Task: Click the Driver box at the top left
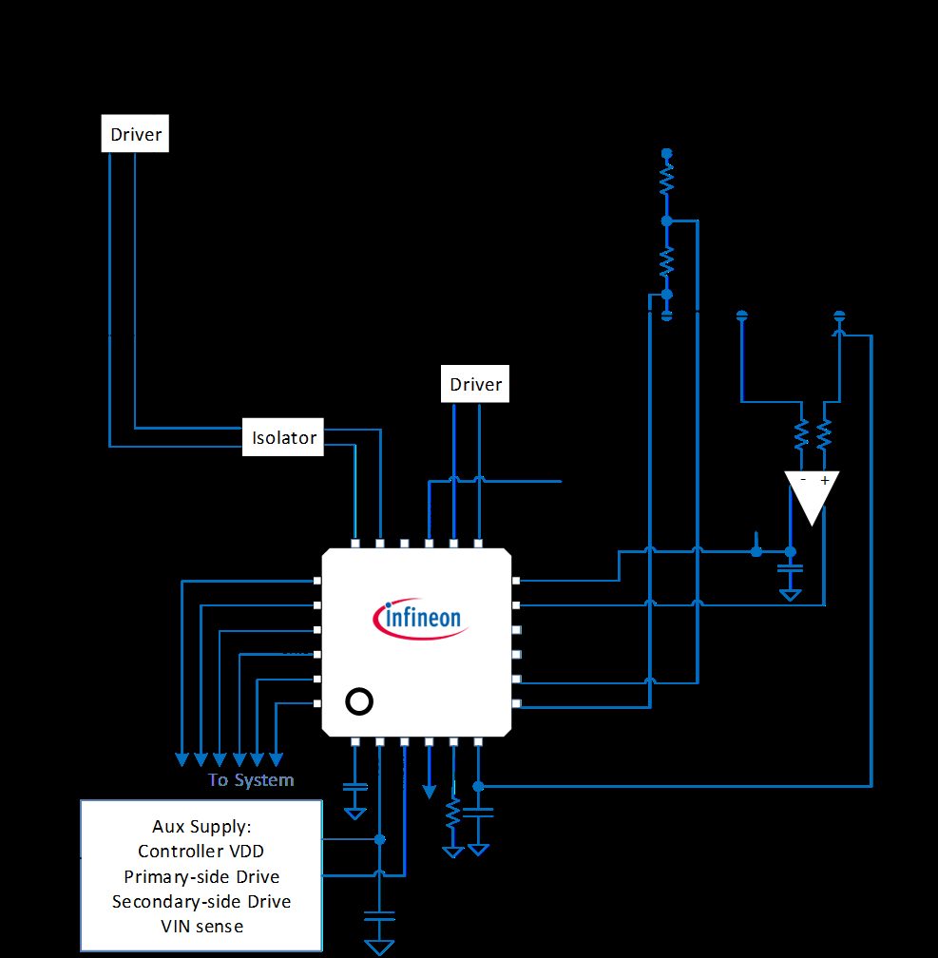[x=135, y=133]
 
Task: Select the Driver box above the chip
[x=475, y=384]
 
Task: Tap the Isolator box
[x=283, y=437]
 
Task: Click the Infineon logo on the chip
[x=421, y=619]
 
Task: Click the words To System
[x=251, y=779]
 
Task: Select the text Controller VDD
[x=201, y=852]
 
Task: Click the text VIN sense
[x=201, y=927]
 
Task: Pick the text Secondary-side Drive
[x=201, y=901]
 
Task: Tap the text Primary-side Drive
[x=201, y=876]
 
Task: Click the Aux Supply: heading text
[x=201, y=826]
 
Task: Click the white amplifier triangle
[x=812, y=492]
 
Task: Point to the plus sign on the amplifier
[x=825, y=480]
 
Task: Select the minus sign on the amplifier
[x=803, y=480]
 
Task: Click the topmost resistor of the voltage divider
[x=667, y=182]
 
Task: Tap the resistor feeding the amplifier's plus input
[x=824, y=434]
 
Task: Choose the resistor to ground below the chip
[x=452, y=814]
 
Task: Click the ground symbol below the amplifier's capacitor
[x=790, y=595]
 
